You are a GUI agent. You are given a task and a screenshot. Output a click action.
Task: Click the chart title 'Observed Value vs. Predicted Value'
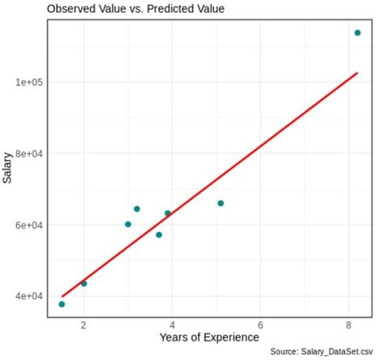[x=136, y=9]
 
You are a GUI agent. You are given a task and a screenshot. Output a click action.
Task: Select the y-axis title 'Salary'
[x=8, y=167]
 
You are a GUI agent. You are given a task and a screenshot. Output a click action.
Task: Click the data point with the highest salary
[x=357, y=33]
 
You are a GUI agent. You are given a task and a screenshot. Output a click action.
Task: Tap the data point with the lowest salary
[x=62, y=304]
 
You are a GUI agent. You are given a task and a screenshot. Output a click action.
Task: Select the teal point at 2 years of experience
[x=84, y=283]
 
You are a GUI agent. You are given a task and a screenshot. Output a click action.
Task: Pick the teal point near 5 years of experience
[x=221, y=203]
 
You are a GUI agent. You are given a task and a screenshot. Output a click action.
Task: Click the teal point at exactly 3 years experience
[x=128, y=224]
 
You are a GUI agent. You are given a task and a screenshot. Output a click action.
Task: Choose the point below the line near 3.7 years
[x=159, y=235]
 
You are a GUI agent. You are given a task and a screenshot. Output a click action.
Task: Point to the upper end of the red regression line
[x=356, y=73]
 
